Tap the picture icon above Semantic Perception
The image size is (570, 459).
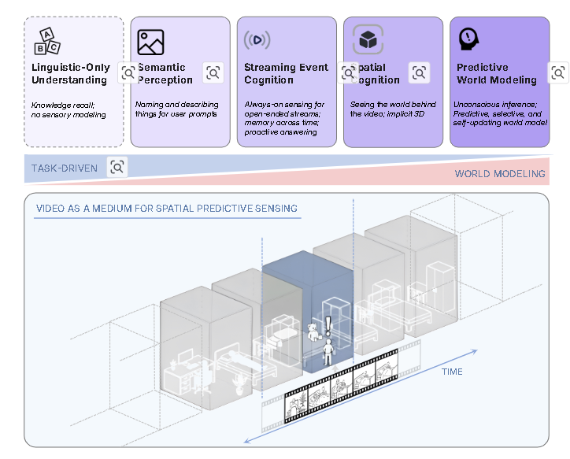(150, 41)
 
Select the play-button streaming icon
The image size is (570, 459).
(257, 40)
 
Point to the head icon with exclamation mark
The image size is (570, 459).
(469, 39)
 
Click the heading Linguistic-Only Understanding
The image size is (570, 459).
(70, 73)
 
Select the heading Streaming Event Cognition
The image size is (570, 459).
(286, 73)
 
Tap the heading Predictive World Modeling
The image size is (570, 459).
(496, 73)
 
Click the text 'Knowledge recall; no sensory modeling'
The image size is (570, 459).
(68, 109)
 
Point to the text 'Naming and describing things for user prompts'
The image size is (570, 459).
(176, 109)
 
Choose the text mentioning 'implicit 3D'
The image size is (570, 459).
(389, 109)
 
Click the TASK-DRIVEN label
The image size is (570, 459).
(65, 168)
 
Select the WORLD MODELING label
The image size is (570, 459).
(499, 174)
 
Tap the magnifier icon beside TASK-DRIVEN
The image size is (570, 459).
(117, 167)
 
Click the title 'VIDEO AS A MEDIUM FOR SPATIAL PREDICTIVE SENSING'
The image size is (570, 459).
(166, 209)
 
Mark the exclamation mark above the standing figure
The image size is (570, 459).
(328, 323)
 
